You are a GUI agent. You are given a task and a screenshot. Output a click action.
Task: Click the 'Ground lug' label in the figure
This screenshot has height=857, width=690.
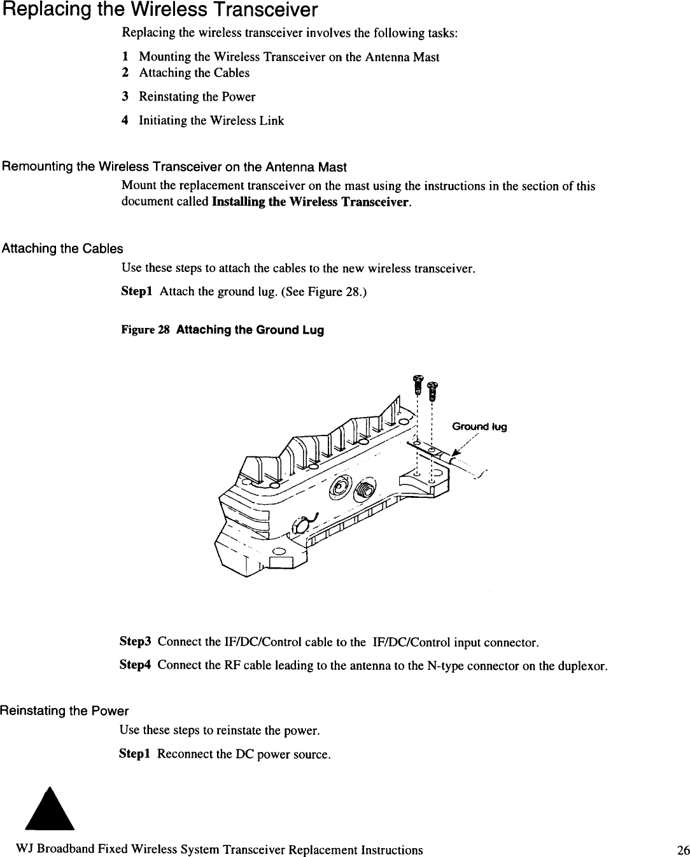(479, 427)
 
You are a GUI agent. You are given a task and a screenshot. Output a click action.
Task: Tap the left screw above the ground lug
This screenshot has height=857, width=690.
(418, 383)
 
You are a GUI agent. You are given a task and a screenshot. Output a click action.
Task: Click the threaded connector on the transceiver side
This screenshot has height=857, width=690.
(365, 489)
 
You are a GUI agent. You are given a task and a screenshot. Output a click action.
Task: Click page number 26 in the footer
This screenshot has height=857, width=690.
(683, 850)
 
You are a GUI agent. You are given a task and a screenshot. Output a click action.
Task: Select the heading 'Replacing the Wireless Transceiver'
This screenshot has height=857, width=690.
(160, 10)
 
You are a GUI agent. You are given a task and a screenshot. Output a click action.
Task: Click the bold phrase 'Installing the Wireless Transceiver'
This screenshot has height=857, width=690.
(311, 202)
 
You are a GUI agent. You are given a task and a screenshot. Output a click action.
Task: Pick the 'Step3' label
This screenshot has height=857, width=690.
(134, 641)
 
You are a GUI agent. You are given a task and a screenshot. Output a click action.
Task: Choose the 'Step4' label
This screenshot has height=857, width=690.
(134, 665)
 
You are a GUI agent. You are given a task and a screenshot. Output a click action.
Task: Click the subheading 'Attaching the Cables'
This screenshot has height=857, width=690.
(62, 248)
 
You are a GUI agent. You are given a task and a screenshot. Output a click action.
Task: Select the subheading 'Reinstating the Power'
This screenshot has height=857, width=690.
(64, 711)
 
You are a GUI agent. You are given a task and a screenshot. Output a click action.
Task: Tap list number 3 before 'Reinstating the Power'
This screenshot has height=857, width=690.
(125, 97)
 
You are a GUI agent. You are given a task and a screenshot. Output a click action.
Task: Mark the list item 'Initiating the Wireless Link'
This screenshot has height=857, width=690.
(211, 121)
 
